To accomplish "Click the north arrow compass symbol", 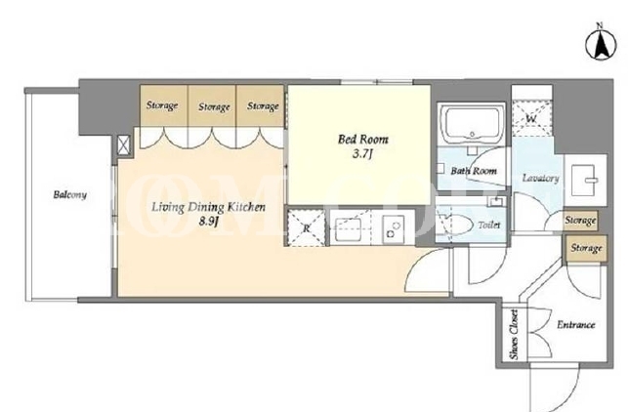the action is click(x=601, y=43).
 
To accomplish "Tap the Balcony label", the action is click(x=69, y=195).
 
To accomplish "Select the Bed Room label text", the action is click(x=363, y=140).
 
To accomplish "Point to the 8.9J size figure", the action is click(x=208, y=222).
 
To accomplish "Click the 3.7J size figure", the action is click(x=363, y=154).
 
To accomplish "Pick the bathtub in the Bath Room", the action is click(x=472, y=123).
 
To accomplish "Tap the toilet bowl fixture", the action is click(x=457, y=226).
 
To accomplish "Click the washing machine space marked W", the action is click(x=531, y=119).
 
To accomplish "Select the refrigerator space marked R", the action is click(x=306, y=228).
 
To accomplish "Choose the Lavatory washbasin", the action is click(x=585, y=180).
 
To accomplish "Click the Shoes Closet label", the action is click(x=514, y=335).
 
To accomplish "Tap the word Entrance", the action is click(x=575, y=325).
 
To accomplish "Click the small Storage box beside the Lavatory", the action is click(x=580, y=221).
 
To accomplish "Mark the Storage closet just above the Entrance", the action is click(x=586, y=249).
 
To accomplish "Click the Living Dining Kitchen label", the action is click(x=208, y=207).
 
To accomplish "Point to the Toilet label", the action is click(x=489, y=226).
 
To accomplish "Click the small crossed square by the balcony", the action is click(x=123, y=144).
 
